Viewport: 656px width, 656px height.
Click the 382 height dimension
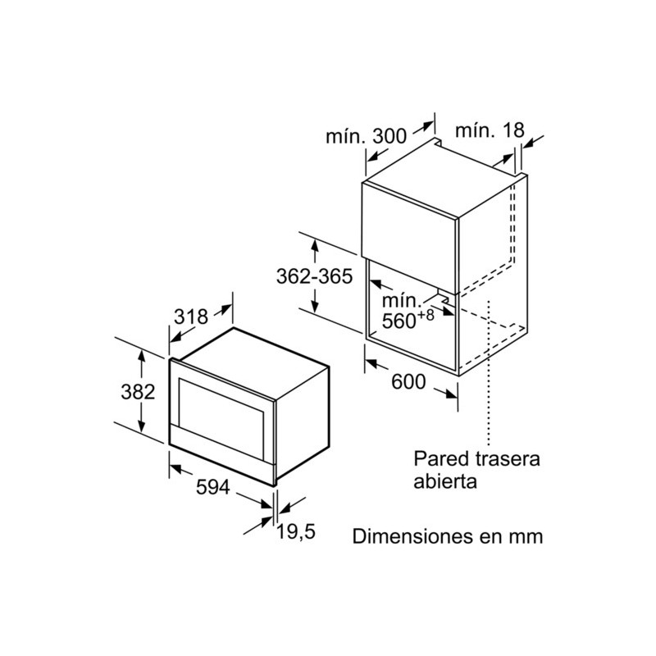click(138, 392)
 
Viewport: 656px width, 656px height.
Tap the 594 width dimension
click(213, 487)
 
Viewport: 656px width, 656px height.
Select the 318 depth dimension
click(191, 317)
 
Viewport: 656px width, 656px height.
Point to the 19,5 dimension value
click(296, 531)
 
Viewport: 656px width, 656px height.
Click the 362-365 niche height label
click(315, 276)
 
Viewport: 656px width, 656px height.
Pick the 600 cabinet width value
click(408, 381)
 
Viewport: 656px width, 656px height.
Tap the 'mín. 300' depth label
click(366, 136)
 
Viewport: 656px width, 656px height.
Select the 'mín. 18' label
click(490, 130)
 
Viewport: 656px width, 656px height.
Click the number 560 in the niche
click(399, 321)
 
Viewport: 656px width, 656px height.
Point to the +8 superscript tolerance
click(426, 315)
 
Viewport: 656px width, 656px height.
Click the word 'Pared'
click(442, 458)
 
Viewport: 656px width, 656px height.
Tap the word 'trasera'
click(508, 459)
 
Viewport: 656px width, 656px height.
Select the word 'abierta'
click(445, 481)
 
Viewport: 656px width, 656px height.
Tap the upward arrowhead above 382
click(142, 357)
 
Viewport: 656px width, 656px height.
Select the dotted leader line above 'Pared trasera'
click(488, 373)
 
